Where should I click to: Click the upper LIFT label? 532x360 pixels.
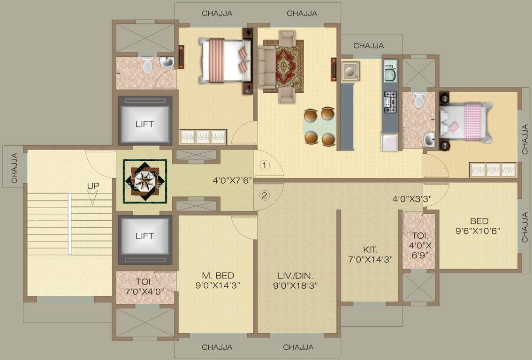(144, 124)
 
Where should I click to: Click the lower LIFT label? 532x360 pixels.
(144, 236)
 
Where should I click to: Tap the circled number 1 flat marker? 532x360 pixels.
(265, 165)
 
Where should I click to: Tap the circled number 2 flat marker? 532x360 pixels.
(265, 195)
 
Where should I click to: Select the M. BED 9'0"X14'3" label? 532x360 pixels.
(218, 280)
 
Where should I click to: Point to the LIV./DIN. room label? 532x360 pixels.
(296, 280)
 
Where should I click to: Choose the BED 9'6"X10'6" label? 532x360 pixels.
(479, 225)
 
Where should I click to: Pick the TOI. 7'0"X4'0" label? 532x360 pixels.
(144, 287)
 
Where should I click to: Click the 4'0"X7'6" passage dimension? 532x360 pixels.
(233, 180)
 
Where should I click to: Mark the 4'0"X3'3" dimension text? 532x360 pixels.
(412, 198)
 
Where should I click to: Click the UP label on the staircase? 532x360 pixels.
(93, 186)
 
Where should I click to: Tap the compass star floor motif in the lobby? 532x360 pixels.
(145, 181)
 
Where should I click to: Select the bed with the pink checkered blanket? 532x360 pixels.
(466, 122)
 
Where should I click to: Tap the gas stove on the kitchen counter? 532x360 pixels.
(390, 102)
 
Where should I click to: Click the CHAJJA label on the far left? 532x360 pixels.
(14, 167)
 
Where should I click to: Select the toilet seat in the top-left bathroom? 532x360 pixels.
(147, 65)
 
